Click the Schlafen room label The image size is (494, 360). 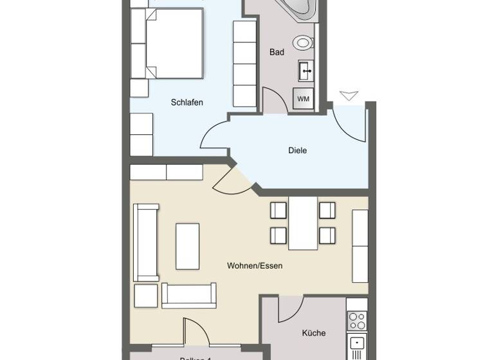(187, 102)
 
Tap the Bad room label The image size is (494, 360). (277, 53)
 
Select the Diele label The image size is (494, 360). (297, 150)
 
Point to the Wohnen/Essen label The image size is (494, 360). (255, 265)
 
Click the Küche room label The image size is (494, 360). (313, 333)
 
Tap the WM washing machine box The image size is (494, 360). (303, 98)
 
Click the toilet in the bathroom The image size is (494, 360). (302, 43)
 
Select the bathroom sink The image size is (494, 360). (305, 70)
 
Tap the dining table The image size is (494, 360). (303, 223)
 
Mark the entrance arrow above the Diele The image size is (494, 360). (348, 96)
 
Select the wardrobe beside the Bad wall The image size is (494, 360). (244, 64)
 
